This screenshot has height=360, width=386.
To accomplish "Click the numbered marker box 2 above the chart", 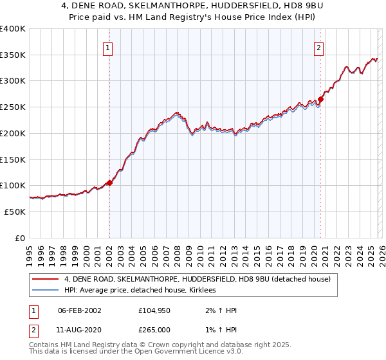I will pos(318,46).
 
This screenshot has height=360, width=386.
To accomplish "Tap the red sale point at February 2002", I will pos(109,183).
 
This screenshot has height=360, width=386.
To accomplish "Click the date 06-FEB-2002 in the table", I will pos(80,310).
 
